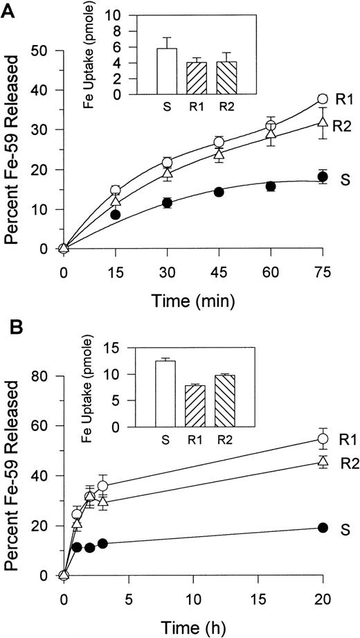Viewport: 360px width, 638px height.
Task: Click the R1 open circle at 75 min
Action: click(x=322, y=99)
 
